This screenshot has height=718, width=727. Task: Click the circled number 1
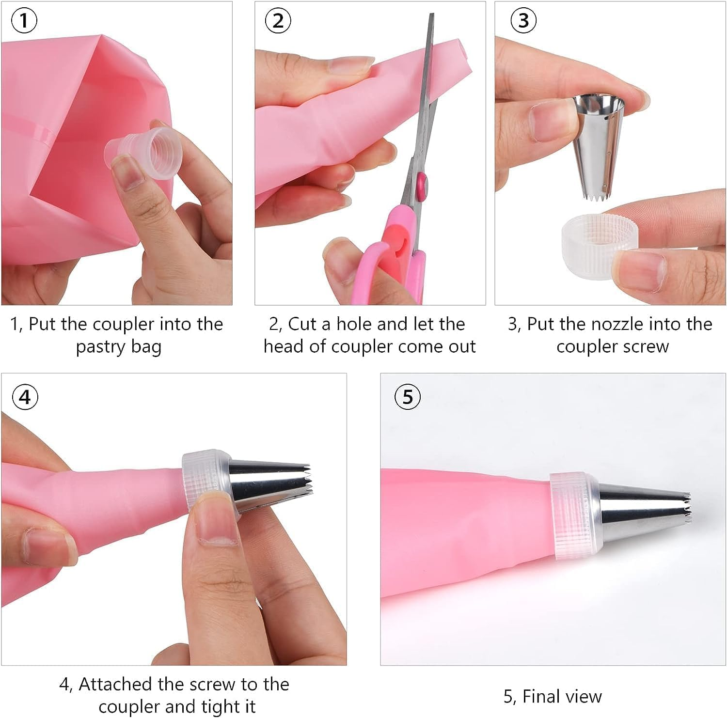coord(24,22)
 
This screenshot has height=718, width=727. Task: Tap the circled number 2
coord(278,22)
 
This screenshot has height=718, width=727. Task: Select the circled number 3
coord(523,21)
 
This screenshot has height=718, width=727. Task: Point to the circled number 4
coord(24,397)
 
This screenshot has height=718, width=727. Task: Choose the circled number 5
coord(408,397)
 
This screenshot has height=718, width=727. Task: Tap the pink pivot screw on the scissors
coord(420,185)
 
